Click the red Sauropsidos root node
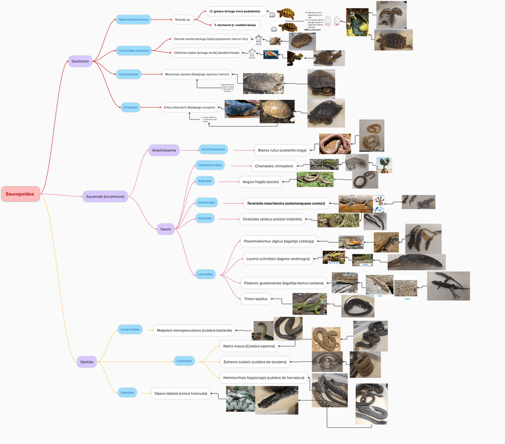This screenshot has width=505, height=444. coord(20,194)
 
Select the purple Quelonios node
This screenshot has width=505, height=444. coord(80,61)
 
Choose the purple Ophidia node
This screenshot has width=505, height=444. coord(86,361)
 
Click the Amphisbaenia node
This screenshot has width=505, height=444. coord(164,150)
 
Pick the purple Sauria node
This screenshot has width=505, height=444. coord(166,228)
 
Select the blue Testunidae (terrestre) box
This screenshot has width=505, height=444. coord(133,20)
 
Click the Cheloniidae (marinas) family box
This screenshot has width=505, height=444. coord(133,51)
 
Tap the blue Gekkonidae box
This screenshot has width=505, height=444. coord(207,203)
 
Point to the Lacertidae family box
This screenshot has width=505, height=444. coord(206,274)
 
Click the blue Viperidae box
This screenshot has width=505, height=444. coord(127,392)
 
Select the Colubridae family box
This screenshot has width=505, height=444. coord(184,361)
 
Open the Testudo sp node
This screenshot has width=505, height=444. coord(182,20)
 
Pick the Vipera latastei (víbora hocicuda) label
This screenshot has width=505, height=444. coord(181,393)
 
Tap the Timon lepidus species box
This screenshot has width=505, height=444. coord(256,299)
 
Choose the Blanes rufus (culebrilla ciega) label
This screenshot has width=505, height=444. coord(282,150)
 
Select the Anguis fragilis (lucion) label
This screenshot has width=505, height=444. coord(260,181)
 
